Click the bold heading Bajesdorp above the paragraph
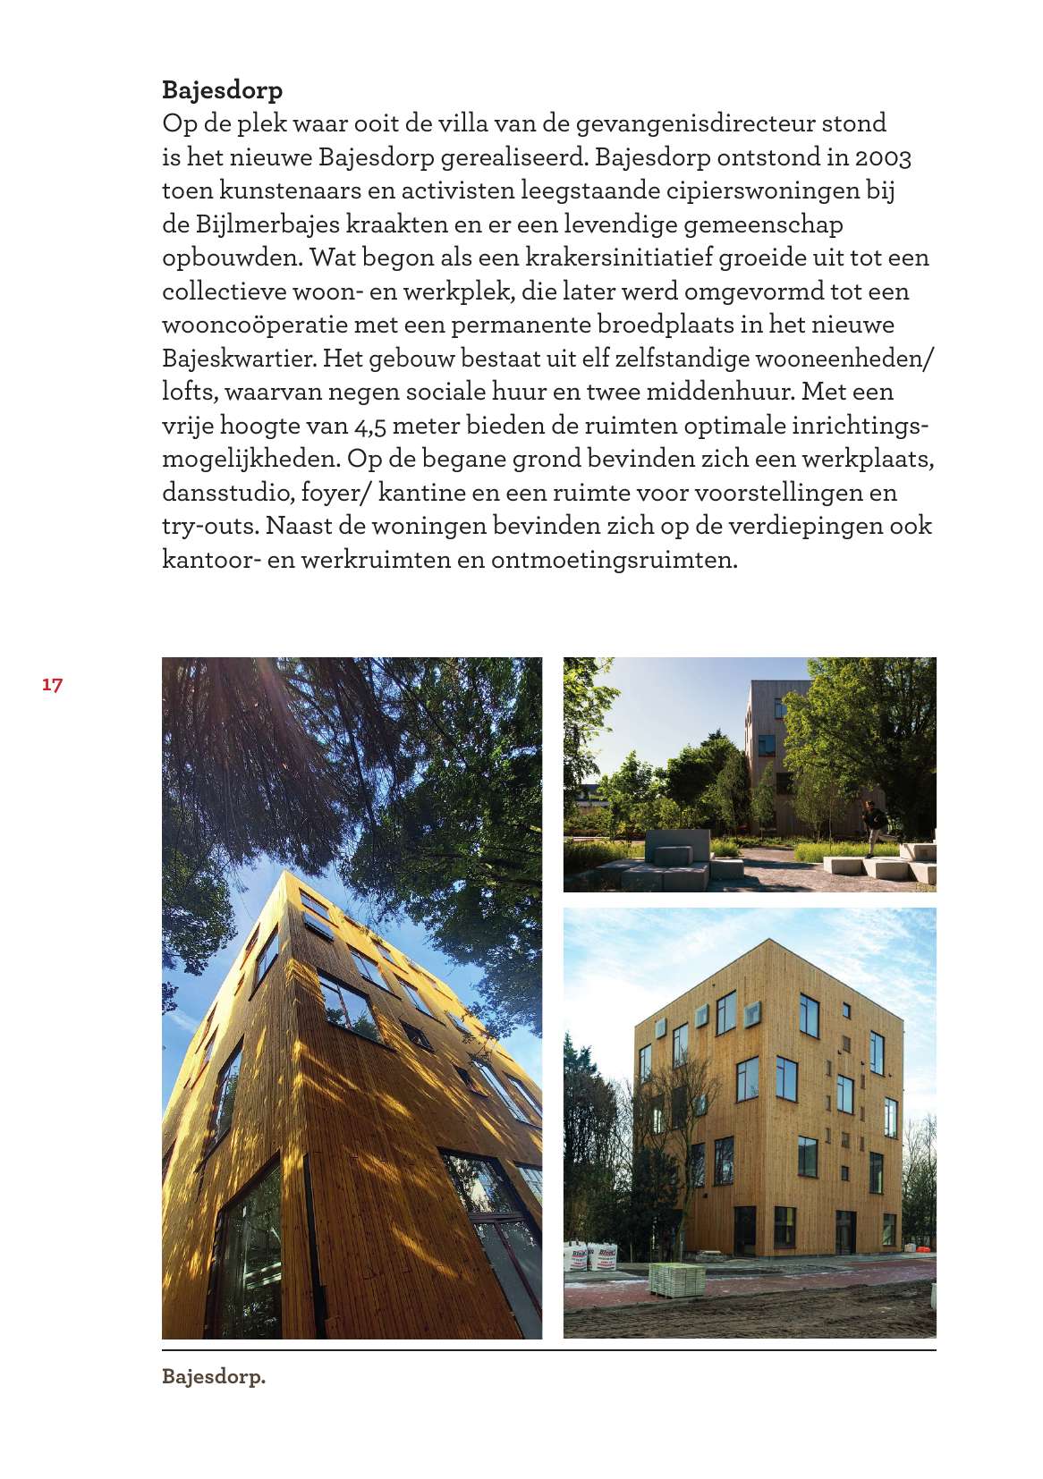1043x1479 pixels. (222, 90)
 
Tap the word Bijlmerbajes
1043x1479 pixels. (254, 224)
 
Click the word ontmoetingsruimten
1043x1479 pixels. (625, 560)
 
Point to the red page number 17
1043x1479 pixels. (52, 685)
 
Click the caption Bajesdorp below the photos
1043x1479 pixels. (214, 1377)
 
